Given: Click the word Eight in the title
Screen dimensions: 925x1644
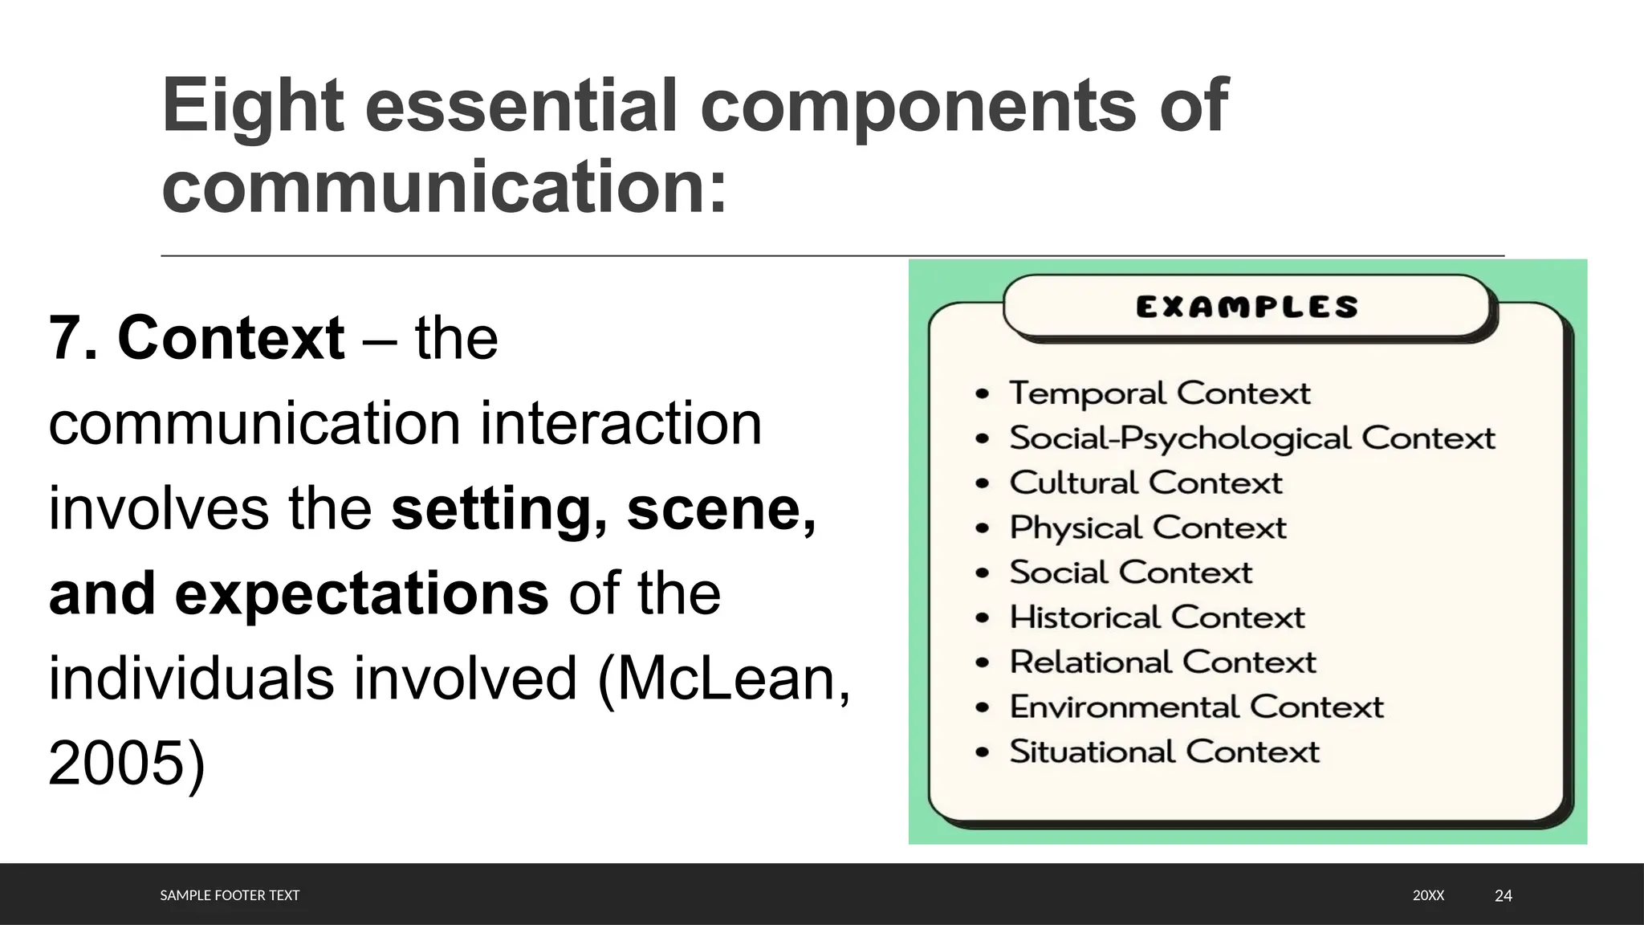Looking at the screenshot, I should [x=253, y=106].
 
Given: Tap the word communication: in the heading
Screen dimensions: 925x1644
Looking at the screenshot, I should [x=444, y=188].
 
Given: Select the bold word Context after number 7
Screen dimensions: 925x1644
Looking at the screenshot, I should [x=231, y=338].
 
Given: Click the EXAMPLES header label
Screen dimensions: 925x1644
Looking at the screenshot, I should [x=1247, y=307].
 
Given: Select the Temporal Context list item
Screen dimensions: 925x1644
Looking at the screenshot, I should [x=1159, y=393].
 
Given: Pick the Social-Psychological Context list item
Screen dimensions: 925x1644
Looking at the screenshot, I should [x=1251, y=438].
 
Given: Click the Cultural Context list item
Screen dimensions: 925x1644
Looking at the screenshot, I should [x=1146, y=483].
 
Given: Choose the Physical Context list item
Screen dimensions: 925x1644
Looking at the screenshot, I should [x=1147, y=528].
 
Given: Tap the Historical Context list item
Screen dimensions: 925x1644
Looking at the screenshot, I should [x=1157, y=617].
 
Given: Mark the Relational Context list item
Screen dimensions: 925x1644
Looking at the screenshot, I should [x=1162, y=662].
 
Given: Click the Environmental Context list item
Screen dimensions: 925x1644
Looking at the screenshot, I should [x=1196, y=707].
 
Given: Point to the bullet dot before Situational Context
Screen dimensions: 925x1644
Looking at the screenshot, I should [x=982, y=753].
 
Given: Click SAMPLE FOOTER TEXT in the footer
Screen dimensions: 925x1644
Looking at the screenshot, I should [x=230, y=895].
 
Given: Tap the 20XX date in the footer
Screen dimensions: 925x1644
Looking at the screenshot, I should [x=1428, y=895].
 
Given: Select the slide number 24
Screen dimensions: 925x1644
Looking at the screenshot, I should [x=1504, y=895].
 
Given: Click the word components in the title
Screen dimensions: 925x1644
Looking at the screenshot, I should [x=918, y=106].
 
